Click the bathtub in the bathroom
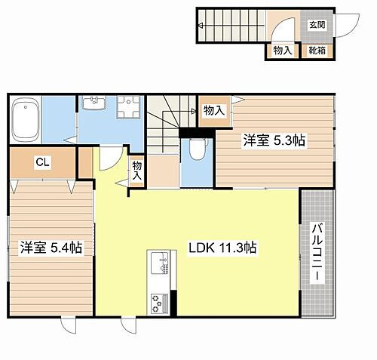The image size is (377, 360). [26, 120]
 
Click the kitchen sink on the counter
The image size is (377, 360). [161, 265]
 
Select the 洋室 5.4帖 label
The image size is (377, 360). [51, 247]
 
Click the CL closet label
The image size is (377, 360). [41, 161]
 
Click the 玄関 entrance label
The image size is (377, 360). [317, 25]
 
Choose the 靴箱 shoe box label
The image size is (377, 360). [317, 51]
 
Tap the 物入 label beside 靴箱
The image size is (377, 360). [284, 51]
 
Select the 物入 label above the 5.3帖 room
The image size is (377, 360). [214, 110]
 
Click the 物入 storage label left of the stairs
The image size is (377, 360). [136, 170]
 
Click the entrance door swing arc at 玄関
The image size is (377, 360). [280, 32]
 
